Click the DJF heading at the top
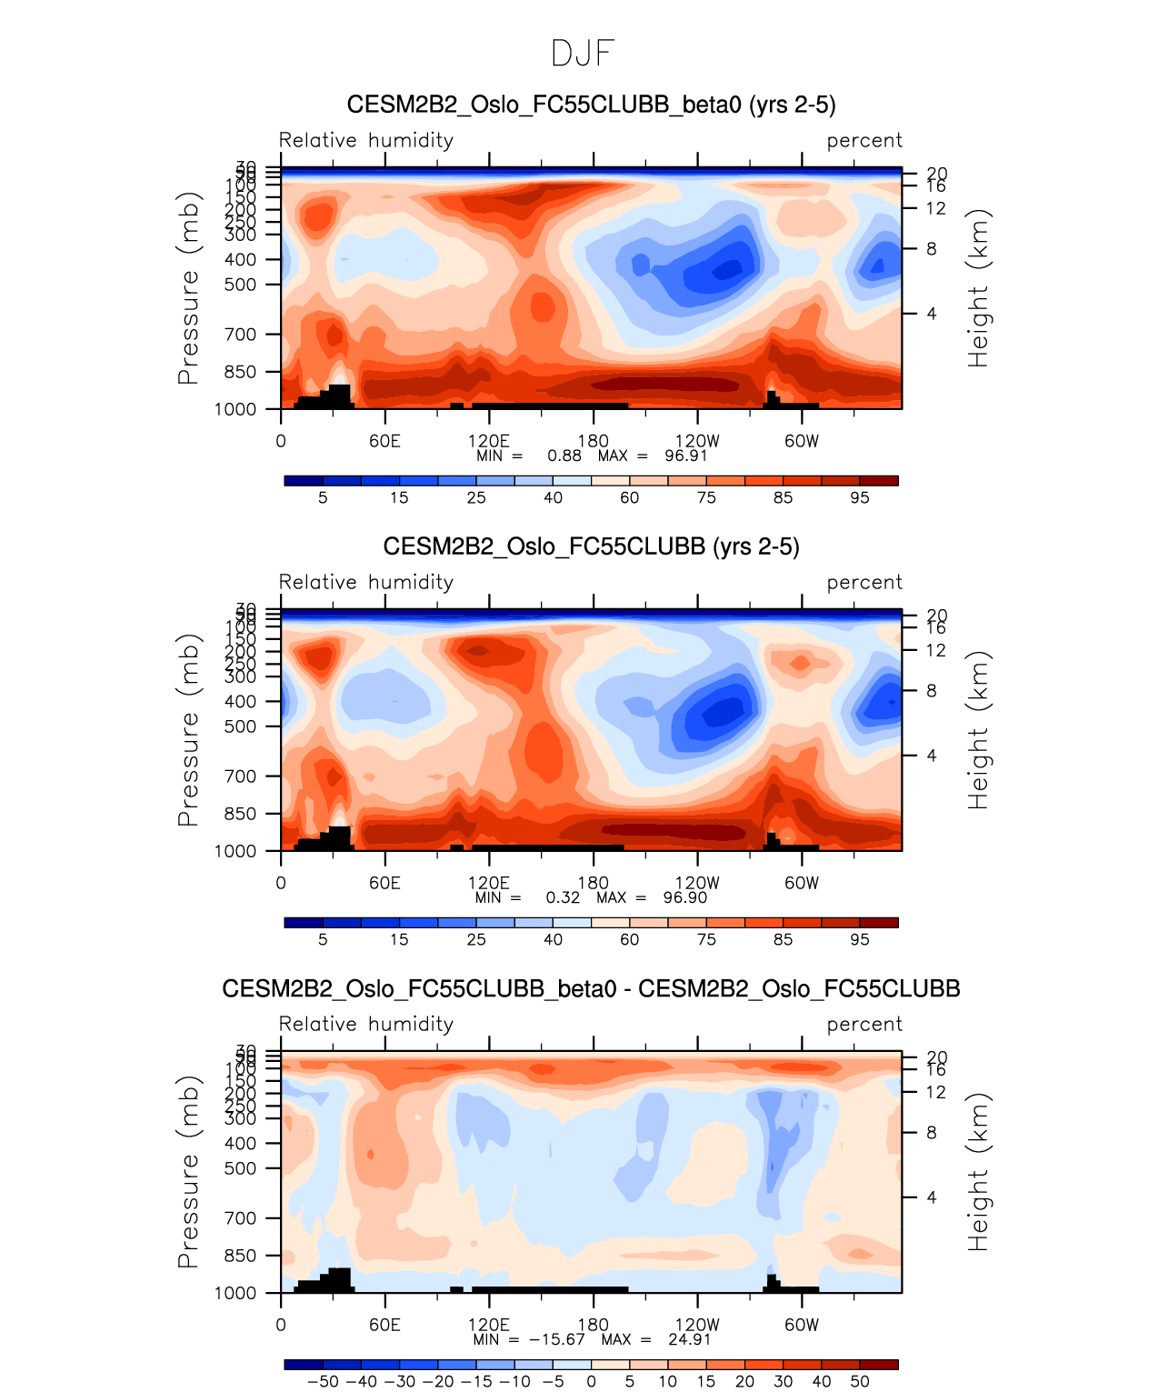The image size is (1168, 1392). point(583,54)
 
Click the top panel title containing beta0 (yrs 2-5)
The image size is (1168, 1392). point(591,105)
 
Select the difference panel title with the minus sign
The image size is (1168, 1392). point(591,988)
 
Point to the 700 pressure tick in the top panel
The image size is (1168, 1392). point(240,335)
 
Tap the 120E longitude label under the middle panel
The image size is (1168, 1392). point(489,883)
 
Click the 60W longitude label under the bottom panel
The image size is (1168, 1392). point(801,1325)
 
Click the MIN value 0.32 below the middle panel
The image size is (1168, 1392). point(563,897)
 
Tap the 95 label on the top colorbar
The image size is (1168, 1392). point(859,497)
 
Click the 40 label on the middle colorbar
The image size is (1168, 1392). point(553,939)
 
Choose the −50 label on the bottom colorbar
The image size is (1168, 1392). point(323,1381)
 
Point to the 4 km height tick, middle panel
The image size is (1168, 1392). point(931,756)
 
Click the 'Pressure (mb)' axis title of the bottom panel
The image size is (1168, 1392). point(187,1172)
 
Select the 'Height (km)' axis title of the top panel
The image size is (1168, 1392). point(977,288)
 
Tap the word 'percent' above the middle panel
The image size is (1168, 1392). point(864,582)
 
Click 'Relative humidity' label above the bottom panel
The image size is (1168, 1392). point(365,1024)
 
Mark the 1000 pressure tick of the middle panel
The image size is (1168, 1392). point(235,851)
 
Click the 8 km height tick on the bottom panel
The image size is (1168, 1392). point(931,1133)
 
